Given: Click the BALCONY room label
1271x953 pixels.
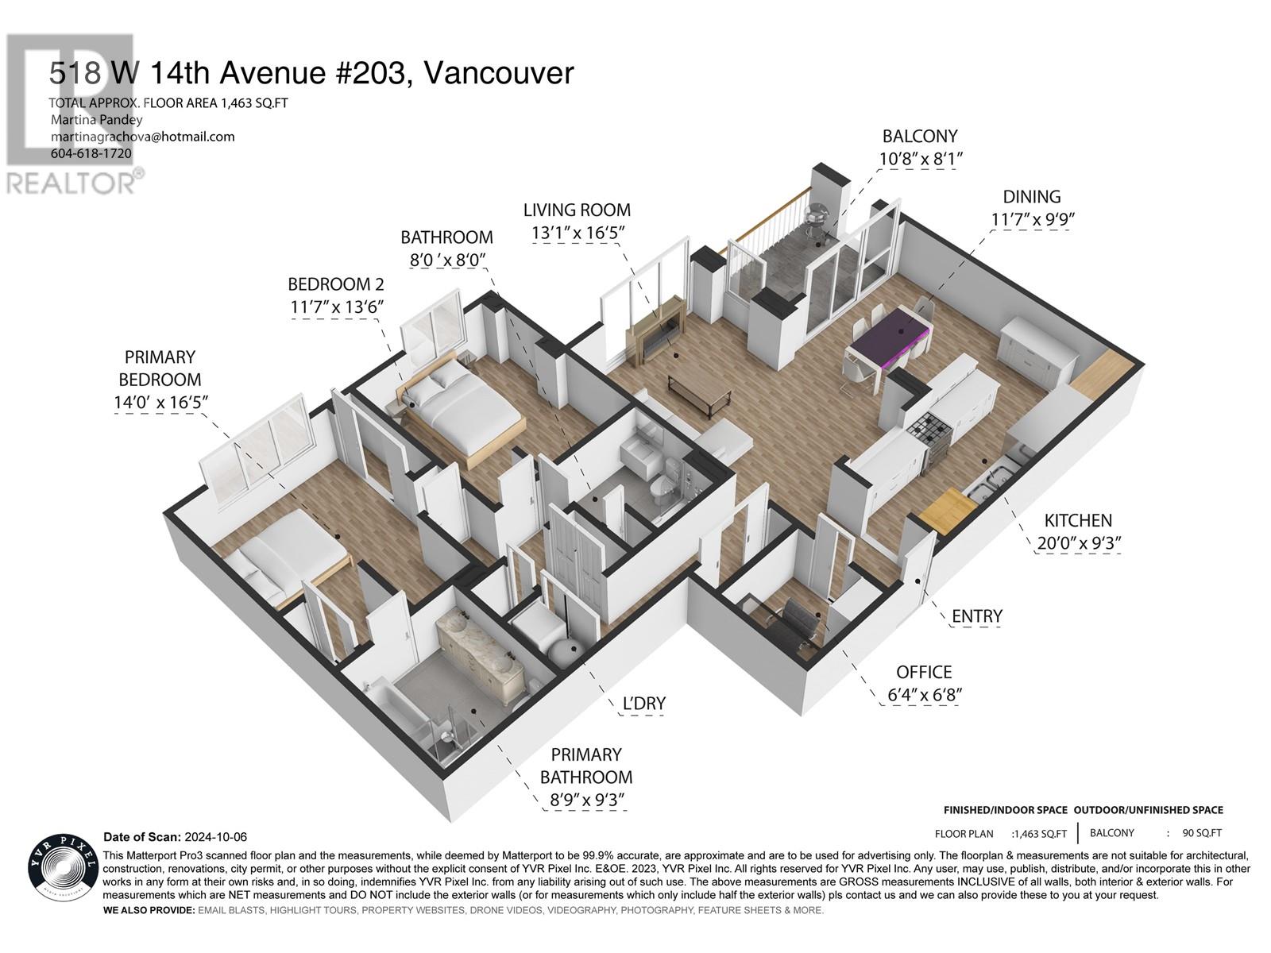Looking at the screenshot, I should (919, 136).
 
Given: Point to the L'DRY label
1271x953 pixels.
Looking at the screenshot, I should (644, 703).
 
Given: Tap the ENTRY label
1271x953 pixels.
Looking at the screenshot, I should (976, 615).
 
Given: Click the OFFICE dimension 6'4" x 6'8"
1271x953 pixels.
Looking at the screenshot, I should (925, 695).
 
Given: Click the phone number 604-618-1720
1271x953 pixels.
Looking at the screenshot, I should (91, 153).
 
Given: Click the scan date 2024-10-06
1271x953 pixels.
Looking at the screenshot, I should (215, 837).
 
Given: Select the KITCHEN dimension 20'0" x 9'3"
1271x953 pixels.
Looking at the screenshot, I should (1077, 543).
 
